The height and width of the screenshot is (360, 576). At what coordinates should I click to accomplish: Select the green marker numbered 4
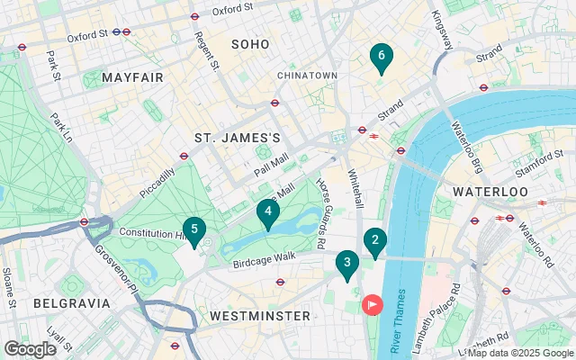tap(267, 213)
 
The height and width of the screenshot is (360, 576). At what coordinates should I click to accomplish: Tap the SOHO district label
tap(250, 44)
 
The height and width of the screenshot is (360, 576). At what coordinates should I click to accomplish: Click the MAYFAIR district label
tap(132, 77)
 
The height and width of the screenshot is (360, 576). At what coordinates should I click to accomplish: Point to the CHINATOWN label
tap(306, 75)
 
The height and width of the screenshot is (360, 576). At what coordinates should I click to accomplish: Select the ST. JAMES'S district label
tap(238, 138)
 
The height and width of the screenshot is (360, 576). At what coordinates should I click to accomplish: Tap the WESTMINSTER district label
tap(259, 316)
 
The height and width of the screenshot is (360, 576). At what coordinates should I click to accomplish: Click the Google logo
tap(30, 348)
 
